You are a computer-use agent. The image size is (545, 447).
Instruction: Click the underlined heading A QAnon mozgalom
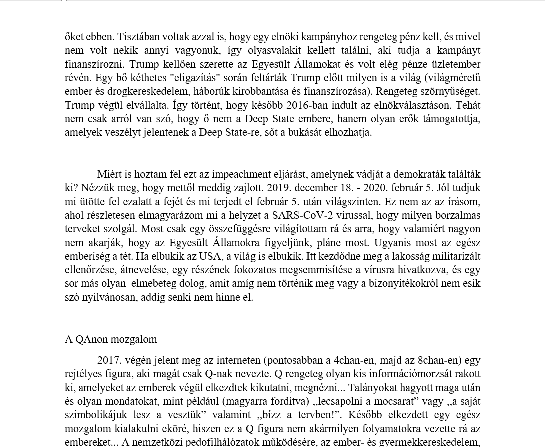pyautogui.click(x=111, y=339)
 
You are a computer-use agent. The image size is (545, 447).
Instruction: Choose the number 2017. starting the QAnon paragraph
pyautogui.click(x=109, y=360)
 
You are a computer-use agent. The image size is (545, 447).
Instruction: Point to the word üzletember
pyautogui.click(x=449, y=64)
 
